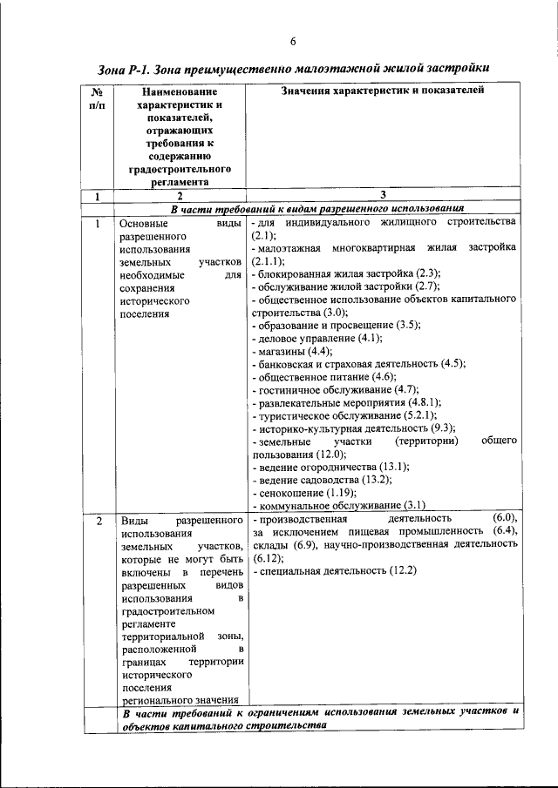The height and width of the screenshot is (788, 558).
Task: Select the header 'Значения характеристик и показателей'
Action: point(384,91)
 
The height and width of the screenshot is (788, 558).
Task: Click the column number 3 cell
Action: point(384,196)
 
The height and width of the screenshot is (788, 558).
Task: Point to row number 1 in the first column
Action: point(99,222)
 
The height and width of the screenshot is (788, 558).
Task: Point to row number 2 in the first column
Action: point(99,521)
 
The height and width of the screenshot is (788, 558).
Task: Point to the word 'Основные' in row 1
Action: point(144,222)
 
